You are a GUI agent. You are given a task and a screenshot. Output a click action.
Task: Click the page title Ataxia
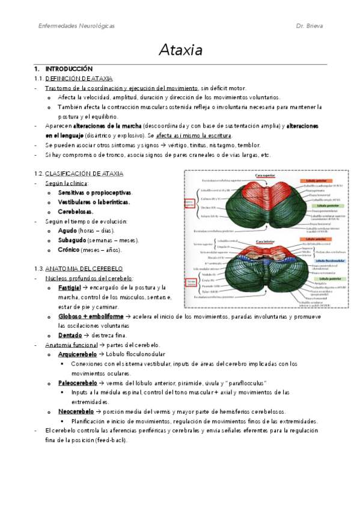(x=180, y=49)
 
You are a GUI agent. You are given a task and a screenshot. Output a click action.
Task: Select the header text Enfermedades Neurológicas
(x=76, y=26)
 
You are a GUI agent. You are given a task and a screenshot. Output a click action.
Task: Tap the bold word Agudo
(x=67, y=230)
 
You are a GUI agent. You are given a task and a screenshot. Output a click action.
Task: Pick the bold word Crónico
(x=69, y=250)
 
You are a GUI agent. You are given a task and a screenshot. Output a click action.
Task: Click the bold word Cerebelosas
(x=75, y=212)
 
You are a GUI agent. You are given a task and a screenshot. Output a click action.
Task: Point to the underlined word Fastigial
(x=70, y=287)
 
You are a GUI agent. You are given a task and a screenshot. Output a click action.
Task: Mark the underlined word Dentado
(x=69, y=335)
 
